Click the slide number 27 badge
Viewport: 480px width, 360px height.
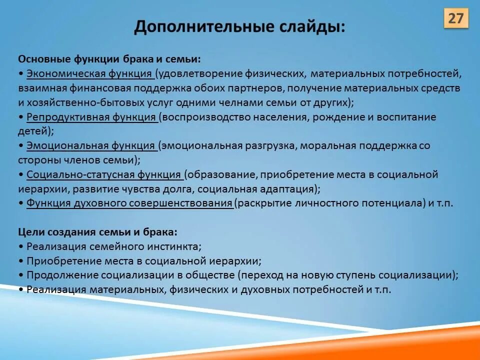click(455, 18)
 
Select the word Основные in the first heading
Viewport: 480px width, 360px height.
click(45, 59)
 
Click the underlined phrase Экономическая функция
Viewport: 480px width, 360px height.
click(89, 74)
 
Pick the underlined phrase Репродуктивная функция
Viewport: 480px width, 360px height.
click(92, 117)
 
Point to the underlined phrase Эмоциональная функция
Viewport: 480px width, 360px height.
click(91, 145)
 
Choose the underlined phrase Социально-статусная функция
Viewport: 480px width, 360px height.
click(104, 174)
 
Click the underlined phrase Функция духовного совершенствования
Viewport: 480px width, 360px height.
click(129, 203)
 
